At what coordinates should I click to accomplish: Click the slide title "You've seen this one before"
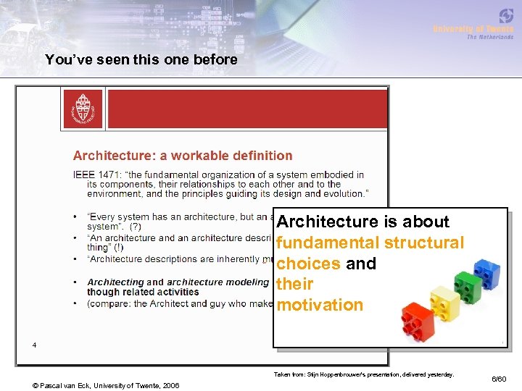pos(141,60)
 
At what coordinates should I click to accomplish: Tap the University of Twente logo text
pos(473,29)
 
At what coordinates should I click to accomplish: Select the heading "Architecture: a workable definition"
pos(183,156)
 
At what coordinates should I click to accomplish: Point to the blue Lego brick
pos(486,272)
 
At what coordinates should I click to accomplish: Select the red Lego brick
pos(418,321)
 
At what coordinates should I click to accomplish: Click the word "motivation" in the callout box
pos(320,305)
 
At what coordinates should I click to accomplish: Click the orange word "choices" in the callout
pos(308,264)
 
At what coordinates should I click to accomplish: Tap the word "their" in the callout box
pos(295,284)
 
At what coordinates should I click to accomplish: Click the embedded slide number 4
pos(34,345)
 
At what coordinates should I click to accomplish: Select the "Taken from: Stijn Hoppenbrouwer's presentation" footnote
pos(363,374)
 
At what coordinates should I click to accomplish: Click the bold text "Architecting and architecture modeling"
pos(178,282)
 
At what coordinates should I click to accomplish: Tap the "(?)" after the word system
pos(135,227)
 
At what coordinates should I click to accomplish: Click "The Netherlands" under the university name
pos(490,37)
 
